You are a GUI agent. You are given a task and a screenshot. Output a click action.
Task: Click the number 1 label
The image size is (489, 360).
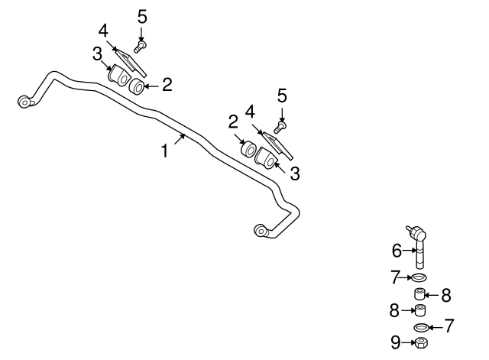pos(164,151)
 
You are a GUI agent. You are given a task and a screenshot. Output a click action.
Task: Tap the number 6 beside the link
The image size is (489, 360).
pos(397,249)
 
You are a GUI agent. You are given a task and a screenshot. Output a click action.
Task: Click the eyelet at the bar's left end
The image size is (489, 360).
pos(26,101)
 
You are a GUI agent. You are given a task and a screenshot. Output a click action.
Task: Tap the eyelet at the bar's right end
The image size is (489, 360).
pos(261,228)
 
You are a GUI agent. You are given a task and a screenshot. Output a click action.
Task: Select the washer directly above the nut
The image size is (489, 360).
pos(419,327)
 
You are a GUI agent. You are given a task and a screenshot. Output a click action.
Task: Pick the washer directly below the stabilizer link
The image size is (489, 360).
pos(419,276)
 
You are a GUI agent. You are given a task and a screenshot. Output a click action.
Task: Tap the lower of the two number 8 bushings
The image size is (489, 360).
pos(419,310)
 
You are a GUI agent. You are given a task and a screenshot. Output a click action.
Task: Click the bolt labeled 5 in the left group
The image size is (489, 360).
pos(141,47)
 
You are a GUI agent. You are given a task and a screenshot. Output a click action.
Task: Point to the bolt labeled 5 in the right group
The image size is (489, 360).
pos(282,125)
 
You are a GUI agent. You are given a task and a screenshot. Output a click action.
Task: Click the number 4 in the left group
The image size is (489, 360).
pos(104,31)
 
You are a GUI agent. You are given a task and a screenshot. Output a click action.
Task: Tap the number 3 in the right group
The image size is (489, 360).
pos(294,174)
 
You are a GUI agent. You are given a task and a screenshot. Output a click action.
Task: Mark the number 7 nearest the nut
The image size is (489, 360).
pos(449,326)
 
